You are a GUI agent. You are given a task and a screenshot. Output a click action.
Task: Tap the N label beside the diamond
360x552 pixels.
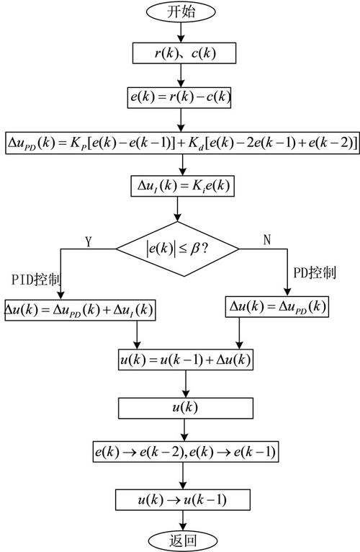point(267,240)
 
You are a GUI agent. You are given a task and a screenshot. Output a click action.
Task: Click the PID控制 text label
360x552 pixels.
point(34,278)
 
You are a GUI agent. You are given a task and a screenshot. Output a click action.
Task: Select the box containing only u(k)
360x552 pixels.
point(186,408)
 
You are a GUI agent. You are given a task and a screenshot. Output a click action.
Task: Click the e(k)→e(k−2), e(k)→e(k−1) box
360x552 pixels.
point(186,453)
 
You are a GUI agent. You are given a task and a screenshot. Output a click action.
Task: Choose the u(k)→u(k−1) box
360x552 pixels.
point(186,499)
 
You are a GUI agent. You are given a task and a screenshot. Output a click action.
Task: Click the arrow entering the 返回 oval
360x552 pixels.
point(185,520)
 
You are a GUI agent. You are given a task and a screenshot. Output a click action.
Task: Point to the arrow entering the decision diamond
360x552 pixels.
point(177,211)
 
